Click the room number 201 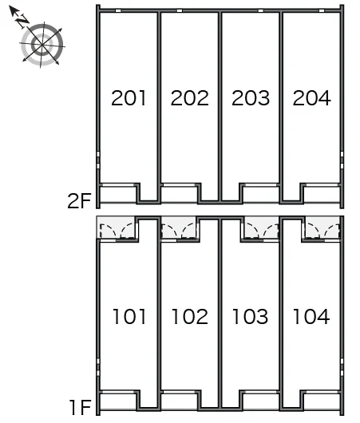pyautogui.click(x=129, y=97)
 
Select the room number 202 pyautogui.click(x=190, y=97)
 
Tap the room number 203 pyautogui.click(x=251, y=97)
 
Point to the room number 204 pyautogui.click(x=311, y=97)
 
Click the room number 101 pyautogui.click(x=129, y=316)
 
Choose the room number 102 pyautogui.click(x=190, y=316)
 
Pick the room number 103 pyautogui.click(x=251, y=316)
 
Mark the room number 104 pyautogui.click(x=311, y=316)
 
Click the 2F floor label pyautogui.click(x=79, y=201)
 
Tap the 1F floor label pyautogui.click(x=80, y=407)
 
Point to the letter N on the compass pyautogui.click(x=22, y=21)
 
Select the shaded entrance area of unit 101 pyautogui.click(x=117, y=227)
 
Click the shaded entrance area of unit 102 pyautogui.click(x=179, y=227)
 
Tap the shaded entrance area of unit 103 pyautogui.click(x=261, y=227)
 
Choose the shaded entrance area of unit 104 pyautogui.click(x=322, y=227)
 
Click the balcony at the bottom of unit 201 pyautogui.click(x=118, y=194)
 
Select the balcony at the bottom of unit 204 pyautogui.click(x=322, y=194)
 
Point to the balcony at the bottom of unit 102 pyautogui.click(x=179, y=401)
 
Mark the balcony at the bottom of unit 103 pyautogui.click(x=261, y=401)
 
